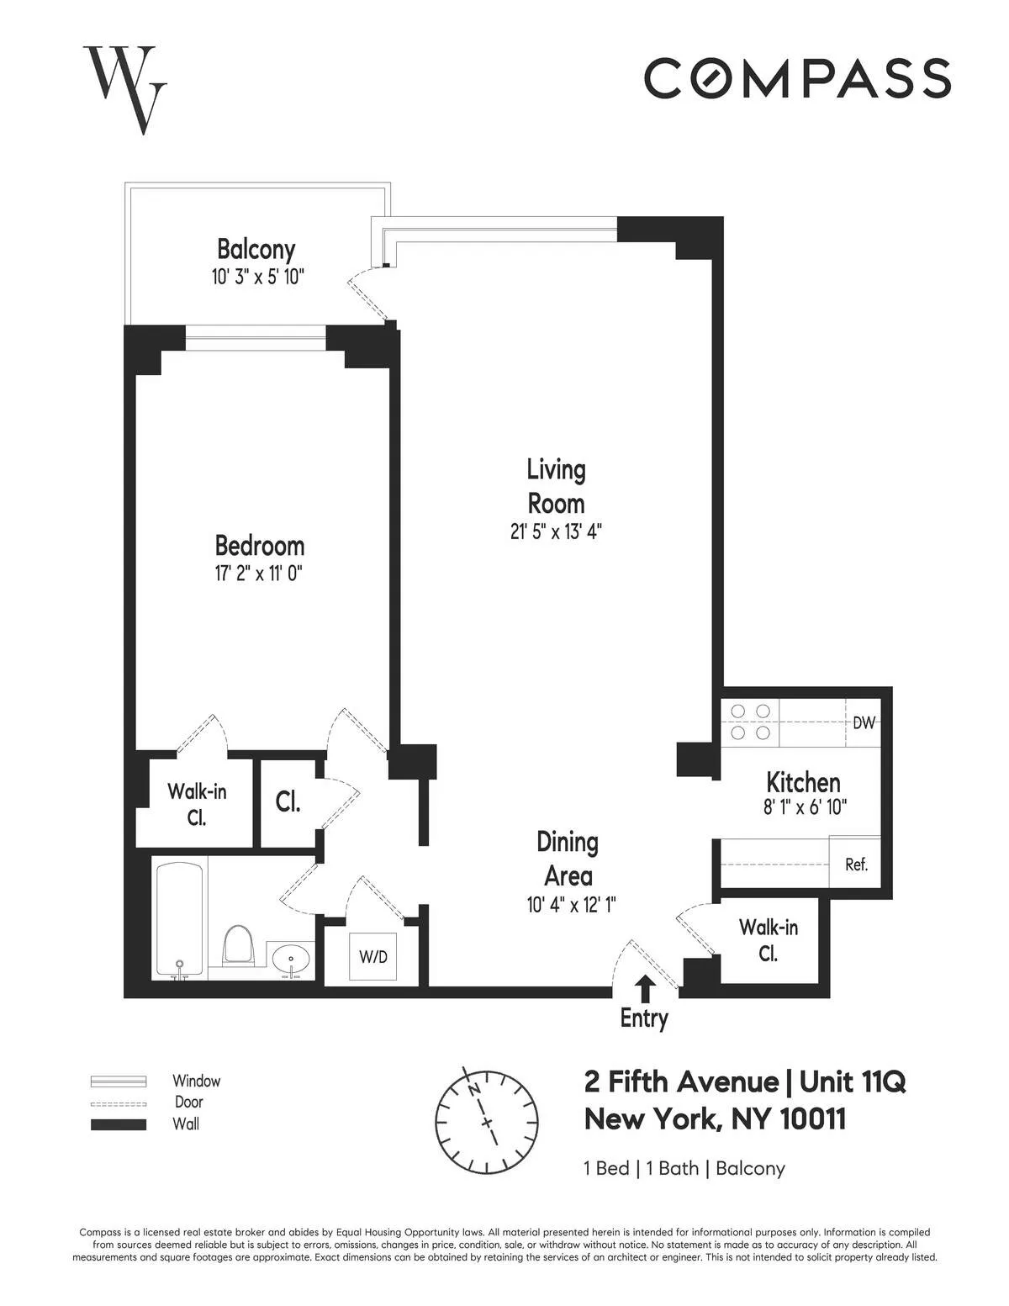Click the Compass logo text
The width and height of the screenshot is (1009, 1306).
[x=797, y=78]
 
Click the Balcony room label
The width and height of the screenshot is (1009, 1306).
[x=256, y=250]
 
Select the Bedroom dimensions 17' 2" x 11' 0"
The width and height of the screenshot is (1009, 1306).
[x=258, y=574]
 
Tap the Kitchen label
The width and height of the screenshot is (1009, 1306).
[x=803, y=783]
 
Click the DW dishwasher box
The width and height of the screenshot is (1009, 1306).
[x=864, y=722]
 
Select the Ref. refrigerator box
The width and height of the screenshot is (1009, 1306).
[x=856, y=864]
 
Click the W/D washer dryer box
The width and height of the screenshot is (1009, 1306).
[x=373, y=957]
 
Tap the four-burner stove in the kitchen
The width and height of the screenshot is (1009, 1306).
[x=751, y=722]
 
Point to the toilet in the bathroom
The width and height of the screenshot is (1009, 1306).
[x=239, y=945]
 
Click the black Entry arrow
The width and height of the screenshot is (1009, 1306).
[x=645, y=986]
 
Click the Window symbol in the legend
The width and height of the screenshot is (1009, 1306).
[x=119, y=1081]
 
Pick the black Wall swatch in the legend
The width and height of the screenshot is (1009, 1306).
[x=119, y=1124]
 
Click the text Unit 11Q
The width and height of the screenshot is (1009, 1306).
[x=853, y=1081]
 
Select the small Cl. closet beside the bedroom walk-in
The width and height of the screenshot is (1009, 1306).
[x=288, y=802]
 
